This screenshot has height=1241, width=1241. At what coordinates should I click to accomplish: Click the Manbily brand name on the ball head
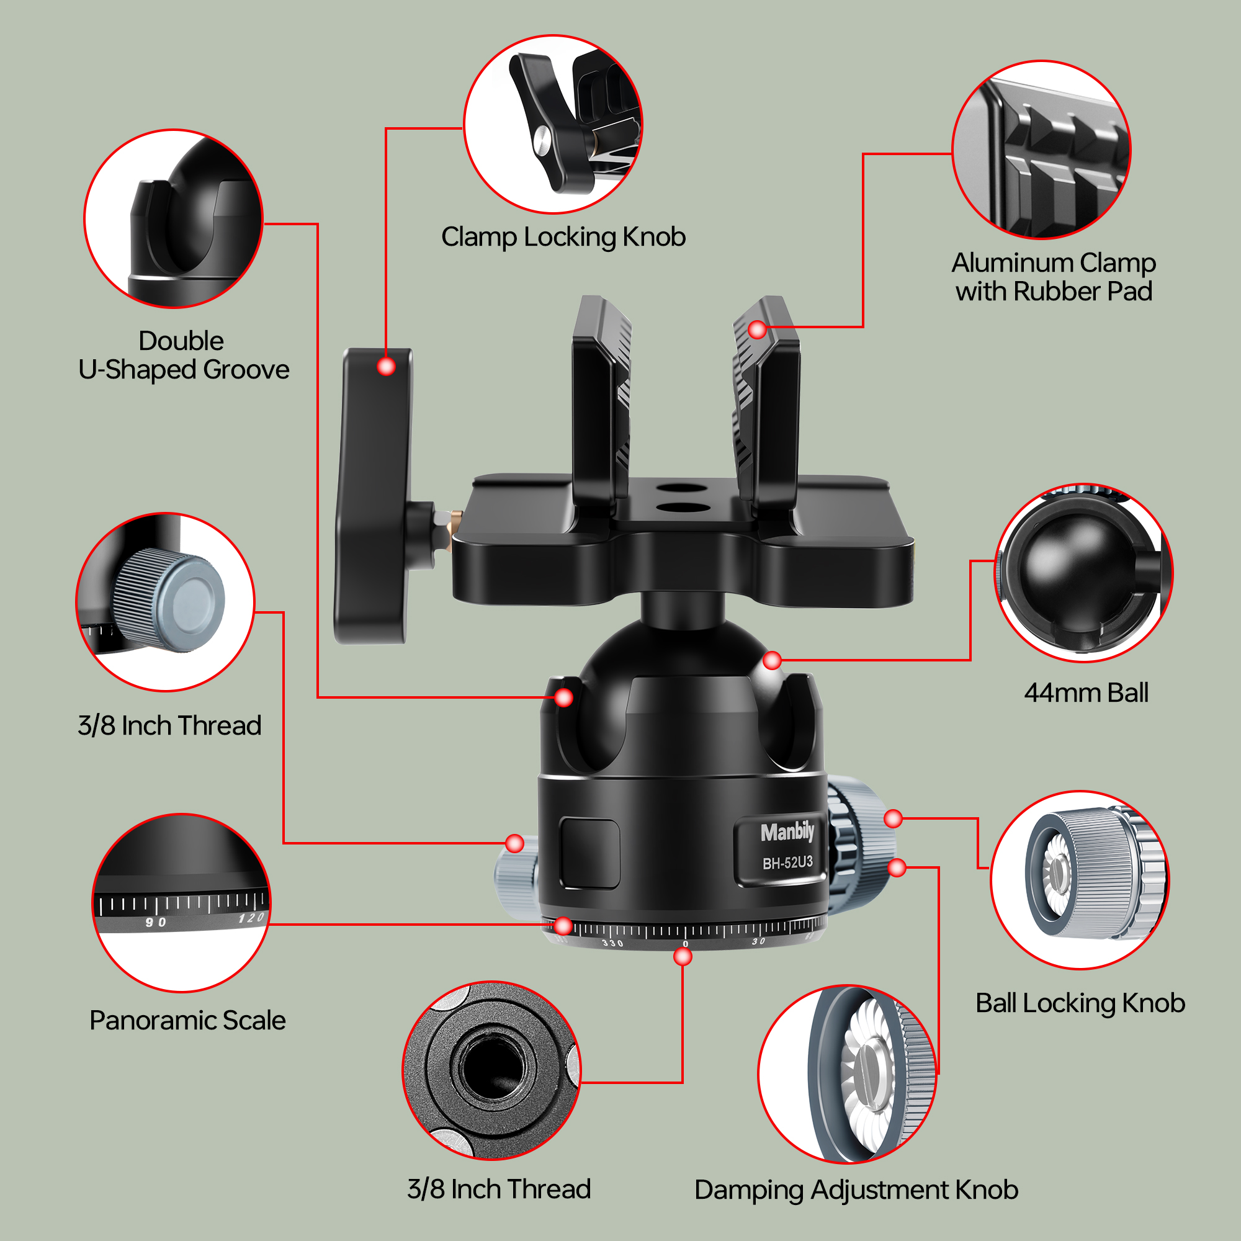point(787,833)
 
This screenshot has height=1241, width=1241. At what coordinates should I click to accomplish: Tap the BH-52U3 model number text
point(787,862)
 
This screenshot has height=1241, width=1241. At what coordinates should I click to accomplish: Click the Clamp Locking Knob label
point(563,237)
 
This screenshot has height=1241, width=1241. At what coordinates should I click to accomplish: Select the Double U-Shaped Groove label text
point(184,355)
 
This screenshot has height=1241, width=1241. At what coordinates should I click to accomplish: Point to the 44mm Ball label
point(1085,693)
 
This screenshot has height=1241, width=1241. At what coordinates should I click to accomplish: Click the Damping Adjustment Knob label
point(856,1189)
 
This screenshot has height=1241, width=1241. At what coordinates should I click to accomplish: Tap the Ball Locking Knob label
point(1080,1003)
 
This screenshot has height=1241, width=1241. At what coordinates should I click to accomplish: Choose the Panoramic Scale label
point(187,1020)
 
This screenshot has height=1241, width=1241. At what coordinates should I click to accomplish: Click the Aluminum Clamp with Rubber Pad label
point(1054,277)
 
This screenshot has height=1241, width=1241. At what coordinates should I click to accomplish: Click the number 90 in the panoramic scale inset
point(156,923)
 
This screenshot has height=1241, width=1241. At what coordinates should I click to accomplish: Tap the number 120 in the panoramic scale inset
point(251,918)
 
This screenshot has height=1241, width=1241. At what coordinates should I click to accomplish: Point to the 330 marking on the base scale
point(612,943)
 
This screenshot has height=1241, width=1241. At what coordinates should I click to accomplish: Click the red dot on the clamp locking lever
point(386,366)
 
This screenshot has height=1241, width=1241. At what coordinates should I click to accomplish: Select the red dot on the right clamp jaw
point(758,329)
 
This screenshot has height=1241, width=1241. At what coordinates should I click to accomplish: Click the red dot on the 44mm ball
point(772,660)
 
